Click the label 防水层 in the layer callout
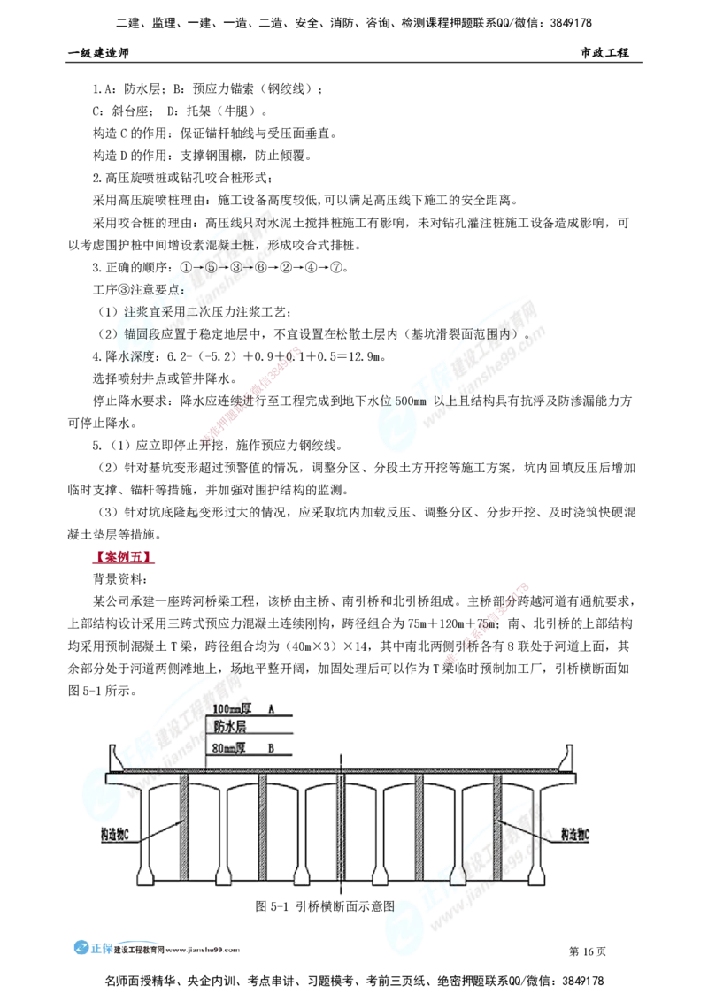click(x=229, y=726)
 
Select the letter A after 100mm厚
click(x=272, y=709)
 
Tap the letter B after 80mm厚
click(x=272, y=748)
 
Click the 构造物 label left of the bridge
click(x=116, y=833)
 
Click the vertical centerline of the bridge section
click(x=342, y=822)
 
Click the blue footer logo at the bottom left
click(x=92, y=948)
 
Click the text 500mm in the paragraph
click(x=410, y=401)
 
